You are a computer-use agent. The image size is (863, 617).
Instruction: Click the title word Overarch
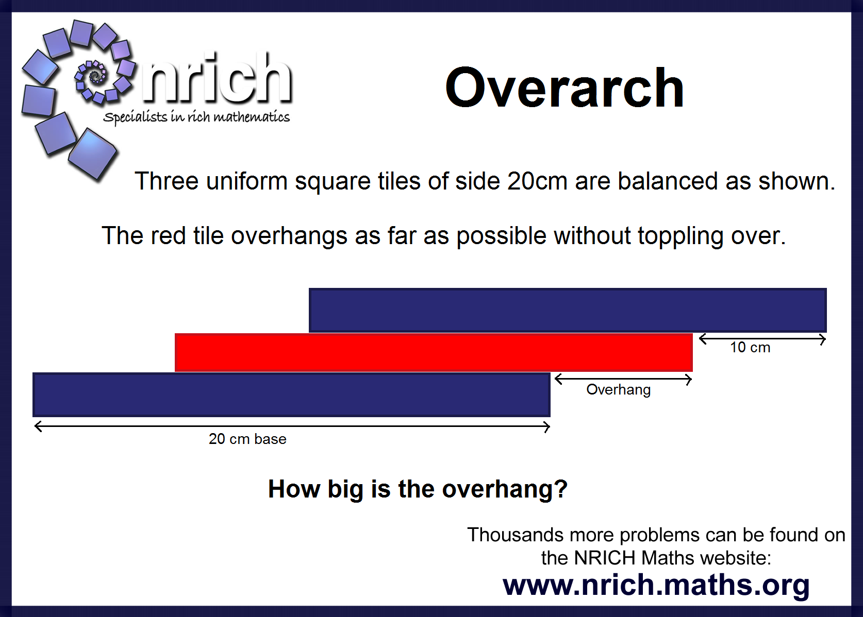(565, 88)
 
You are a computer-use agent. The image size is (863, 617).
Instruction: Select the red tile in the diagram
(434, 352)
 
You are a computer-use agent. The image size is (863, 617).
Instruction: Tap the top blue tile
(568, 310)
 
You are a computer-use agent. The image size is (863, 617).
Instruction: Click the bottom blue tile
(291, 395)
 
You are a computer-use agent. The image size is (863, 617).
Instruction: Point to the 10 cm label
(750, 348)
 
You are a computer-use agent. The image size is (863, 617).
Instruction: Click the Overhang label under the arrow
(618, 390)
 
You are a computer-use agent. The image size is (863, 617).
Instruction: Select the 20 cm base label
(248, 439)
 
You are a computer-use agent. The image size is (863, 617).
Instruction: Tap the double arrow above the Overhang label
(623, 380)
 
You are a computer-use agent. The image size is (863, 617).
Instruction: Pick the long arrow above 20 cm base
(292, 426)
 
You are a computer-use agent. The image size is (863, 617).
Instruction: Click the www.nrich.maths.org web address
(656, 586)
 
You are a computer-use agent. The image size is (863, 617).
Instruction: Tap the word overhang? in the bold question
(505, 490)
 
